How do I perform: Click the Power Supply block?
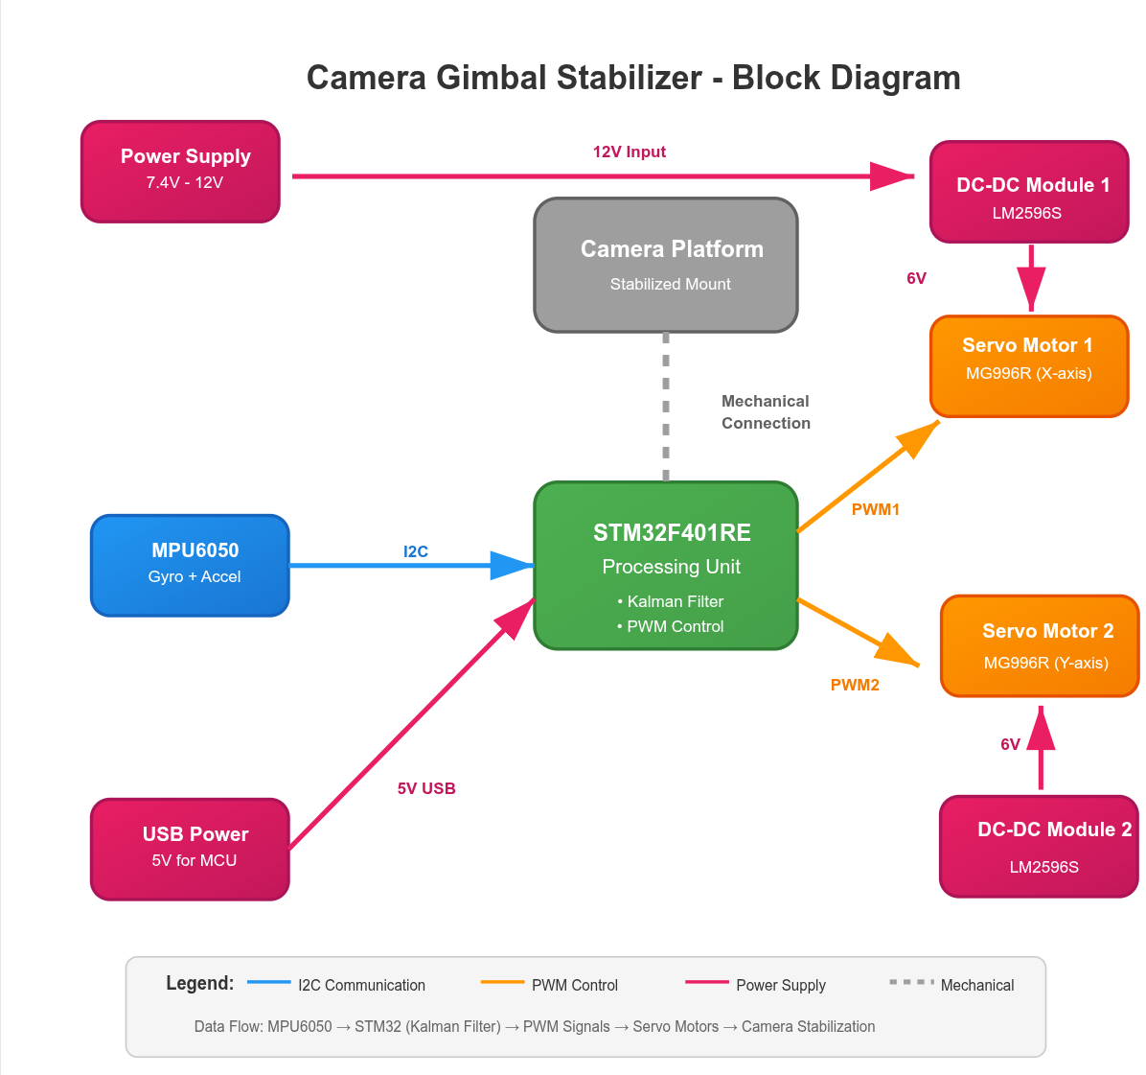click(180, 172)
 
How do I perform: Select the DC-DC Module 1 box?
click(1029, 192)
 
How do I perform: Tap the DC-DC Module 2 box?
click(1039, 847)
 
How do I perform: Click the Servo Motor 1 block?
click(1029, 366)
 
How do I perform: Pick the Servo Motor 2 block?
click(1040, 645)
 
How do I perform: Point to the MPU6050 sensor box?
click(190, 566)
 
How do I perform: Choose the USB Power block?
click(190, 850)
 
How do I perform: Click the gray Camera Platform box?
click(666, 266)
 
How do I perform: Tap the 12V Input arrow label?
click(629, 152)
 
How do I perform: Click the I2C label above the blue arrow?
click(416, 551)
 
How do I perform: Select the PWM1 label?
click(876, 509)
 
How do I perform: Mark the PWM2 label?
click(855, 685)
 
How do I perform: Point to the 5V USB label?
click(426, 788)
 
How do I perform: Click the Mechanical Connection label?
click(766, 412)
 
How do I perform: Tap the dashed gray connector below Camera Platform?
click(666, 407)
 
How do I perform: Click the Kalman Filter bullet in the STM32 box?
click(671, 601)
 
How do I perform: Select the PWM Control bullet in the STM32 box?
click(671, 626)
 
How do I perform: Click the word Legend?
click(199, 983)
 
